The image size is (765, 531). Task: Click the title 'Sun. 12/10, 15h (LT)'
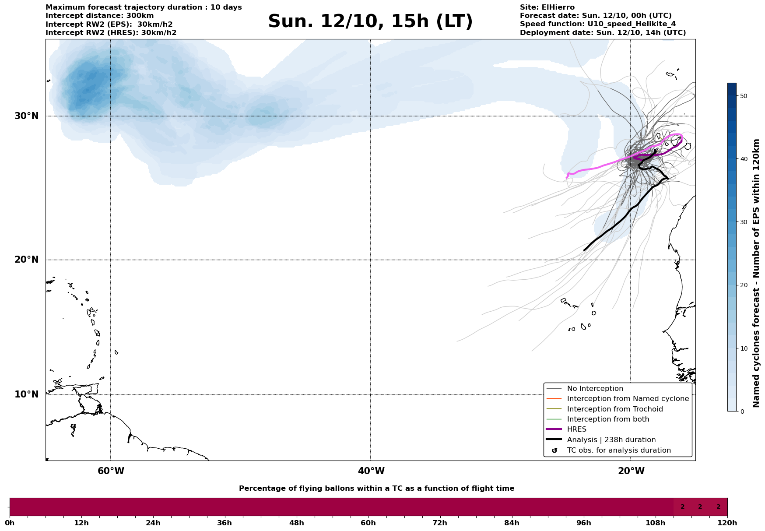(x=370, y=21)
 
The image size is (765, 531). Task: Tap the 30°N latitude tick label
(x=26, y=116)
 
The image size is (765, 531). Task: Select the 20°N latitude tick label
(x=26, y=260)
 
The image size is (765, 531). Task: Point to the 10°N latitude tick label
(x=26, y=394)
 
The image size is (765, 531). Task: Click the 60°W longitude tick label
(x=111, y=471)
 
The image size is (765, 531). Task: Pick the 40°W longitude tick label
(x=371, y=471)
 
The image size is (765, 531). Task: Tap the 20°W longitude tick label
(x=631, y=471)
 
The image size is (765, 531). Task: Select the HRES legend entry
(x=576, y=429)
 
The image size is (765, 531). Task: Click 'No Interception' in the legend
(x=595, y=389)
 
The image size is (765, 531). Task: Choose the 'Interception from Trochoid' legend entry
(x=614, y=409)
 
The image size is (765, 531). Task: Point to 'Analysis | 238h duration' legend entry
(x=611, y=440)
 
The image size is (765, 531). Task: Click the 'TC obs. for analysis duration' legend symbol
(x=554, y=450)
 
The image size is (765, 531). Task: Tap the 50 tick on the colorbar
(x=743, y=96)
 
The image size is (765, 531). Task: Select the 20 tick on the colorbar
(x=743, y=285)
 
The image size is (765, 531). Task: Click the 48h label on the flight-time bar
(x=296, y=523)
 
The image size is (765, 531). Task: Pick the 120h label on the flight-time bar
(x=727, y=523)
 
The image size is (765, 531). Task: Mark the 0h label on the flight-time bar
(x=10, y=523)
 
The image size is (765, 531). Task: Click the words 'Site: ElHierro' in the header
(x=547, y=7)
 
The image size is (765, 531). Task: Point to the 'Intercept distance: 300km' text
(x=99, y=16)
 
